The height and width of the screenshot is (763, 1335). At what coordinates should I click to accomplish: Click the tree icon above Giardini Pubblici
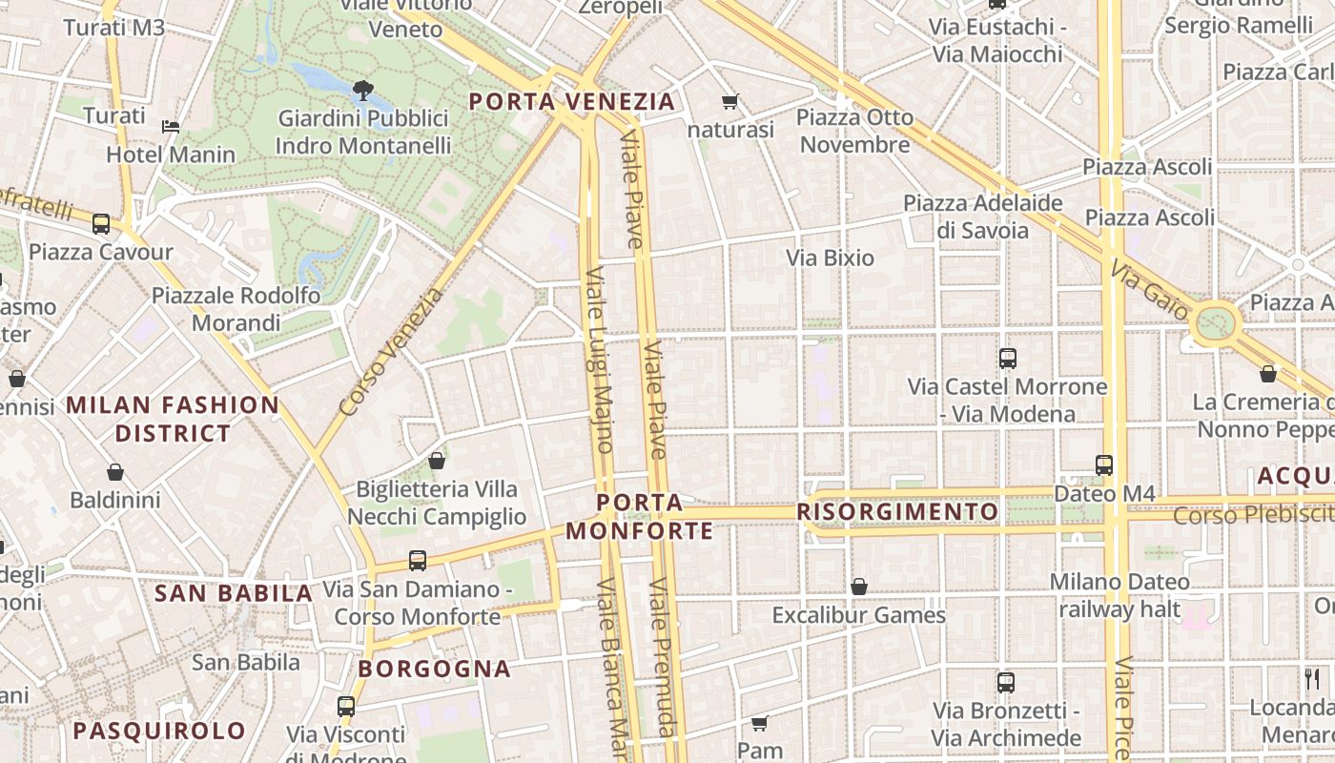tap(362, 91)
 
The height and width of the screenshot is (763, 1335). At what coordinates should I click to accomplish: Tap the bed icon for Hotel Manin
tap(171, 126)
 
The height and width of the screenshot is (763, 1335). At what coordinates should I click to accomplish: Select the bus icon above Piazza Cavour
tap(101, 224)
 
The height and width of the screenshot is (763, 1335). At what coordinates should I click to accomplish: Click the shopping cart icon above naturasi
tap(730, 101)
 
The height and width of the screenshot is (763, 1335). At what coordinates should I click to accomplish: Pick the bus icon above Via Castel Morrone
tap(1008, 359)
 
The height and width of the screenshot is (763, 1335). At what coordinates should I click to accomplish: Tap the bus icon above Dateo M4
tap(1104, 465)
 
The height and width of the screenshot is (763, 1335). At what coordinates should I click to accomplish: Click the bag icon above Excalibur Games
tap(859, 587)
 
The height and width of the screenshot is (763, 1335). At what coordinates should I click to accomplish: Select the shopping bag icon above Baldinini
tap(115, 472)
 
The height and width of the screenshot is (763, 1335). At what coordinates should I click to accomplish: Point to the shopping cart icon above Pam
tap(760, 723)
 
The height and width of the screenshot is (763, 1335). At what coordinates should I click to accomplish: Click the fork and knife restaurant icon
tap(1313, 679)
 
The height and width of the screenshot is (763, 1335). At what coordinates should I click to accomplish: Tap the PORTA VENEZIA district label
tap(571, 101)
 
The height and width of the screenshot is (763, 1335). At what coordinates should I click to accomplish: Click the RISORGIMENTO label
tap(897, 512)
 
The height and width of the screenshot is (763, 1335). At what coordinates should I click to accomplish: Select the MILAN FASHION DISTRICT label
tap(173, 419)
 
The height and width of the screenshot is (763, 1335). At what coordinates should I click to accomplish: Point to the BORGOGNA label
tap(435, 669)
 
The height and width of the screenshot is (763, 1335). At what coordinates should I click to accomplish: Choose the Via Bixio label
tap(830, 258)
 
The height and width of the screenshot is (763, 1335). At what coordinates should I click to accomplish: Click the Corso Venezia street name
tap(392, 352)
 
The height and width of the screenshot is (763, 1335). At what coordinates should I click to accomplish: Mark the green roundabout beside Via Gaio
tap(1215, 322)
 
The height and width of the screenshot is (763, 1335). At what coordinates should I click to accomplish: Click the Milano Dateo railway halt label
tap(1119, 595)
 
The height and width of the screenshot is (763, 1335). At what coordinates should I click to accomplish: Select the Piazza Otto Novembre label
tap(854, 131)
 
